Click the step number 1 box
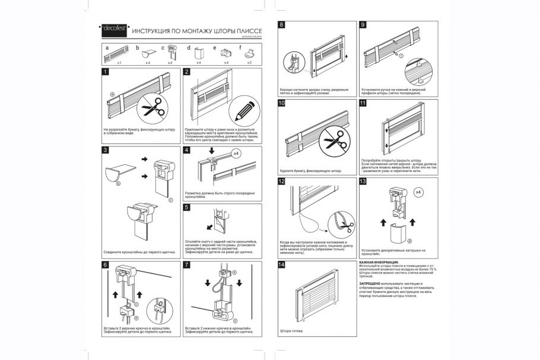pyautogui.click(x=105, y=72)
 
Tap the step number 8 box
pyautogui.click(x=281, y=25)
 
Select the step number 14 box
pyautogui.click(x=281, y=264)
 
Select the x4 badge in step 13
pyautogui.click(x=418, y=192)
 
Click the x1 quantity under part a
pyautogui.click(x=119, y=62)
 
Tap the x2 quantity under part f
pyautogui.click(x=249, y=62)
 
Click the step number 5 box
pyautogui.click(x=187, y=208)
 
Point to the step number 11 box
pyautogui.click(x=363, y=103)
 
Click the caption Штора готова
pyautogui.click(x=291, y=330)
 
